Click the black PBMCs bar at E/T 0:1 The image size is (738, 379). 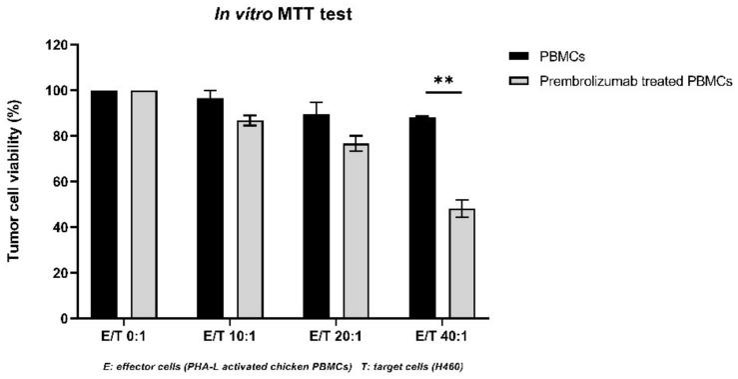[x=104, y=204]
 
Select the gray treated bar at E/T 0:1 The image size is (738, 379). [x=144, y=204]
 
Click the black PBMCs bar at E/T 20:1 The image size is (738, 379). [x=316, y=216]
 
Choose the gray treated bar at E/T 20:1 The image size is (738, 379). [x=356, y=231]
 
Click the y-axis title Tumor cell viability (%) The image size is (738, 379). [x=16, y=182]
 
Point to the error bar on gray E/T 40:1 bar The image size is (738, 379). [x=461, y=209]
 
